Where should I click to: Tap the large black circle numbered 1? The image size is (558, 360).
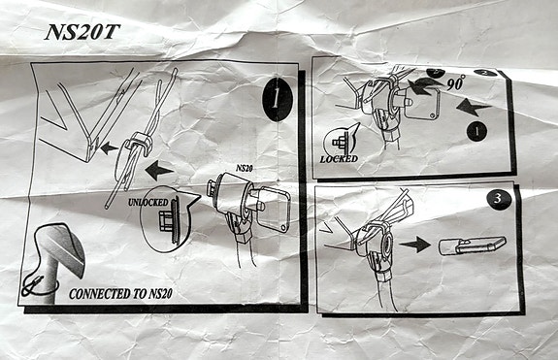click(279, 98)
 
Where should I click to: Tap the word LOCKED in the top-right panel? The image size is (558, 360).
click(339, 158)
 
